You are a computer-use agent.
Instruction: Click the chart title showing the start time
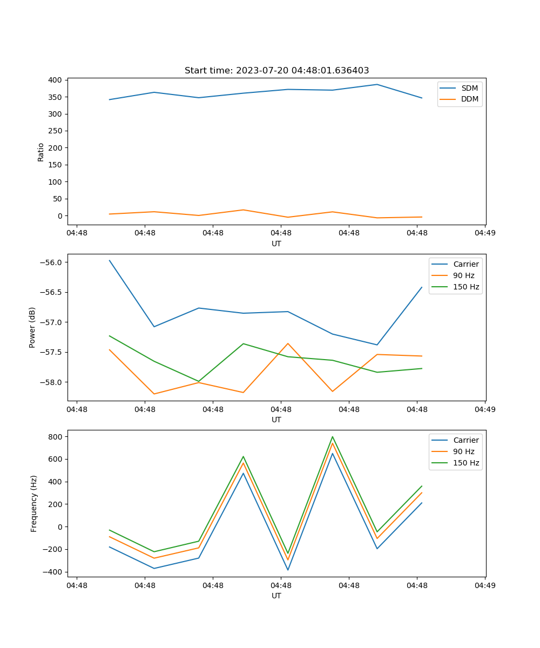pyautogui.click(x=276, y=70)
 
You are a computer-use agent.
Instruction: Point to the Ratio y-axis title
pyautogui.click(x=41, y=152)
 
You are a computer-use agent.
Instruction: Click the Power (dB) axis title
pyautogui.click(x=32, y=327)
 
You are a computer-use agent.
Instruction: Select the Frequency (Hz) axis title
pyautogui.click(x=34, y=503)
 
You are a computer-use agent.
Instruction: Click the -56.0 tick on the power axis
pyautogui.click(x=51, y=262)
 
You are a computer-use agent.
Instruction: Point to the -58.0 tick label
pyautogui.click(x=51, y=382)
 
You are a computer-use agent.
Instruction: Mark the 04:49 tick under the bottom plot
pyautogui.click(x=485, y=585)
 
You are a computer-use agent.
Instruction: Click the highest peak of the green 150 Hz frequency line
pyautogui.click(x=333, y=437)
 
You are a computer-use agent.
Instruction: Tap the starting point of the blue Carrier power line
pyautogui.click(x=110, y=260)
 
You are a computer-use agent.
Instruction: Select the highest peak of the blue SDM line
pyautogui.click(x=377, y=84)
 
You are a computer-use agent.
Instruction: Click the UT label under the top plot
pyautogui.click(x=276, y=244)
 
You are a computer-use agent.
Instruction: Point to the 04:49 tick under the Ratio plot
pyautogui.click(x=485, y=233)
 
